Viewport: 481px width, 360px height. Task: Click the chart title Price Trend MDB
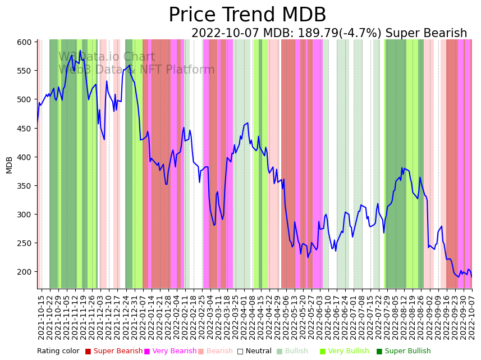247,15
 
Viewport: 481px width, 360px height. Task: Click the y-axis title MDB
9,165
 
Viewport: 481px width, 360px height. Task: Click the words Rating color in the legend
58,351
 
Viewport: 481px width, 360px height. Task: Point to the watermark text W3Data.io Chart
107,57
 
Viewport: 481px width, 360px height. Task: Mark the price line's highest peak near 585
80,51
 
